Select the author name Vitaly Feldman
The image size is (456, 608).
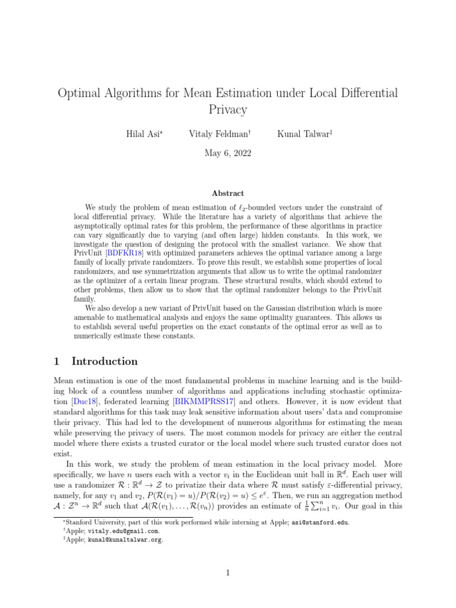(x=220, y=135)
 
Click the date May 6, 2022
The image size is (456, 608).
(x=227, y=153)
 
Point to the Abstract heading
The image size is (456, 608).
(x=227, y=193)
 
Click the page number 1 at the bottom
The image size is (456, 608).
(x=227, y=573)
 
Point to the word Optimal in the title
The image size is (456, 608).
(x=79, y=93)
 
